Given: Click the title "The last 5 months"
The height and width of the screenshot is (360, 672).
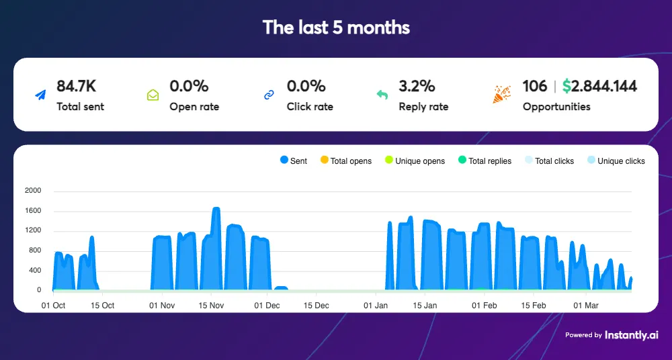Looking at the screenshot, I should tap(336, 28).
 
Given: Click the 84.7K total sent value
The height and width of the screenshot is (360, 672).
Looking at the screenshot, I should tap(77, 86).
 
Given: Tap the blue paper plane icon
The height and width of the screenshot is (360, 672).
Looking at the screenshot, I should tap(42, 95).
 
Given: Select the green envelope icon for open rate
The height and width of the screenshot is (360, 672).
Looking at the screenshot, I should tap(153, 95).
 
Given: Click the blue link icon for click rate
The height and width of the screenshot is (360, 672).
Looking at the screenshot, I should tap(269, 95).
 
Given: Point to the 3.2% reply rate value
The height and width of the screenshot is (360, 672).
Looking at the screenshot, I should tap(417, 86).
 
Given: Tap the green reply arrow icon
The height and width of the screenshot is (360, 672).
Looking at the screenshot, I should tap(382, 95).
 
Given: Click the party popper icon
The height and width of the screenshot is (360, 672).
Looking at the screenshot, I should tap(501, 94).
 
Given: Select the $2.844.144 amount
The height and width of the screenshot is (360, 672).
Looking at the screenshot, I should tap(599, 86).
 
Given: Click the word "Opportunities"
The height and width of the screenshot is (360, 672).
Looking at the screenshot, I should tap(556, 107).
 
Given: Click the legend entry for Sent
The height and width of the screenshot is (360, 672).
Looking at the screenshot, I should tap(293, 161).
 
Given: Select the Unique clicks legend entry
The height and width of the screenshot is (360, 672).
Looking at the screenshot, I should tap(616, 161).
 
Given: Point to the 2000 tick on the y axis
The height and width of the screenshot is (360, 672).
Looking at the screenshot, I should tap(33, 191).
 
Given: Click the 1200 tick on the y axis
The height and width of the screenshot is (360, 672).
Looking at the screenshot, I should tap(33, 230).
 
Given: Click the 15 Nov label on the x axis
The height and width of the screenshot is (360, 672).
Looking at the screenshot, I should tap(211, 306).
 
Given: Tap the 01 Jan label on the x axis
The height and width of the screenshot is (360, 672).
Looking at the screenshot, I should tap(376, 306).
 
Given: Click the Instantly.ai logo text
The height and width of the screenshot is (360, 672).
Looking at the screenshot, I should tap(631, 334).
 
